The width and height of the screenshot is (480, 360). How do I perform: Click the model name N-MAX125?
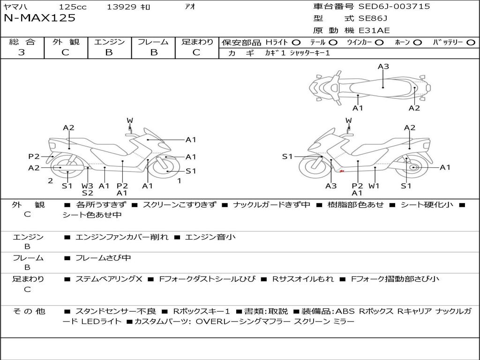(39, 18)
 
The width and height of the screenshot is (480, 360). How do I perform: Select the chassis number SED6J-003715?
(394, 7)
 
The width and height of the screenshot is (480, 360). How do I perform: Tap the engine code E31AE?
(374, 30)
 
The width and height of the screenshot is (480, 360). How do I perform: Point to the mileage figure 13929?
(121, 7)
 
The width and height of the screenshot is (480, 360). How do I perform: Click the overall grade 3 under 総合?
(22, 52)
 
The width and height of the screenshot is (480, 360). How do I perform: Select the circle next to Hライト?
(296, 43)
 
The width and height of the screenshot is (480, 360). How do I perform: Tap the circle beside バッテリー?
(471, 43)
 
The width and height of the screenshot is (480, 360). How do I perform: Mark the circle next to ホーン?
(418, 43)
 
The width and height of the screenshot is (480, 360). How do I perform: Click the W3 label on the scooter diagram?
(87, 186)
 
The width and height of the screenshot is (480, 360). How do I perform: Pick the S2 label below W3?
(87, 193)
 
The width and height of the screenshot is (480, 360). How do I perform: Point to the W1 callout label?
(374, 186)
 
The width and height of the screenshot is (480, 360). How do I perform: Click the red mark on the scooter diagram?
(342, 171)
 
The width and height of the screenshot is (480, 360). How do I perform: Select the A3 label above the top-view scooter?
(383, 67)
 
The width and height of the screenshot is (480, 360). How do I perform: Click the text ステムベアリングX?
(109, 279)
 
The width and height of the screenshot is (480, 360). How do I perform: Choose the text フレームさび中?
(103, 258)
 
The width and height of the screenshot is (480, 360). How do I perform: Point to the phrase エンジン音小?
(210, 237)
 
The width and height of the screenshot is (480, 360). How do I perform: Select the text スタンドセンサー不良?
(116, 311)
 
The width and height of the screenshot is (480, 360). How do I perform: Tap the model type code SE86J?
(373, 18)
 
